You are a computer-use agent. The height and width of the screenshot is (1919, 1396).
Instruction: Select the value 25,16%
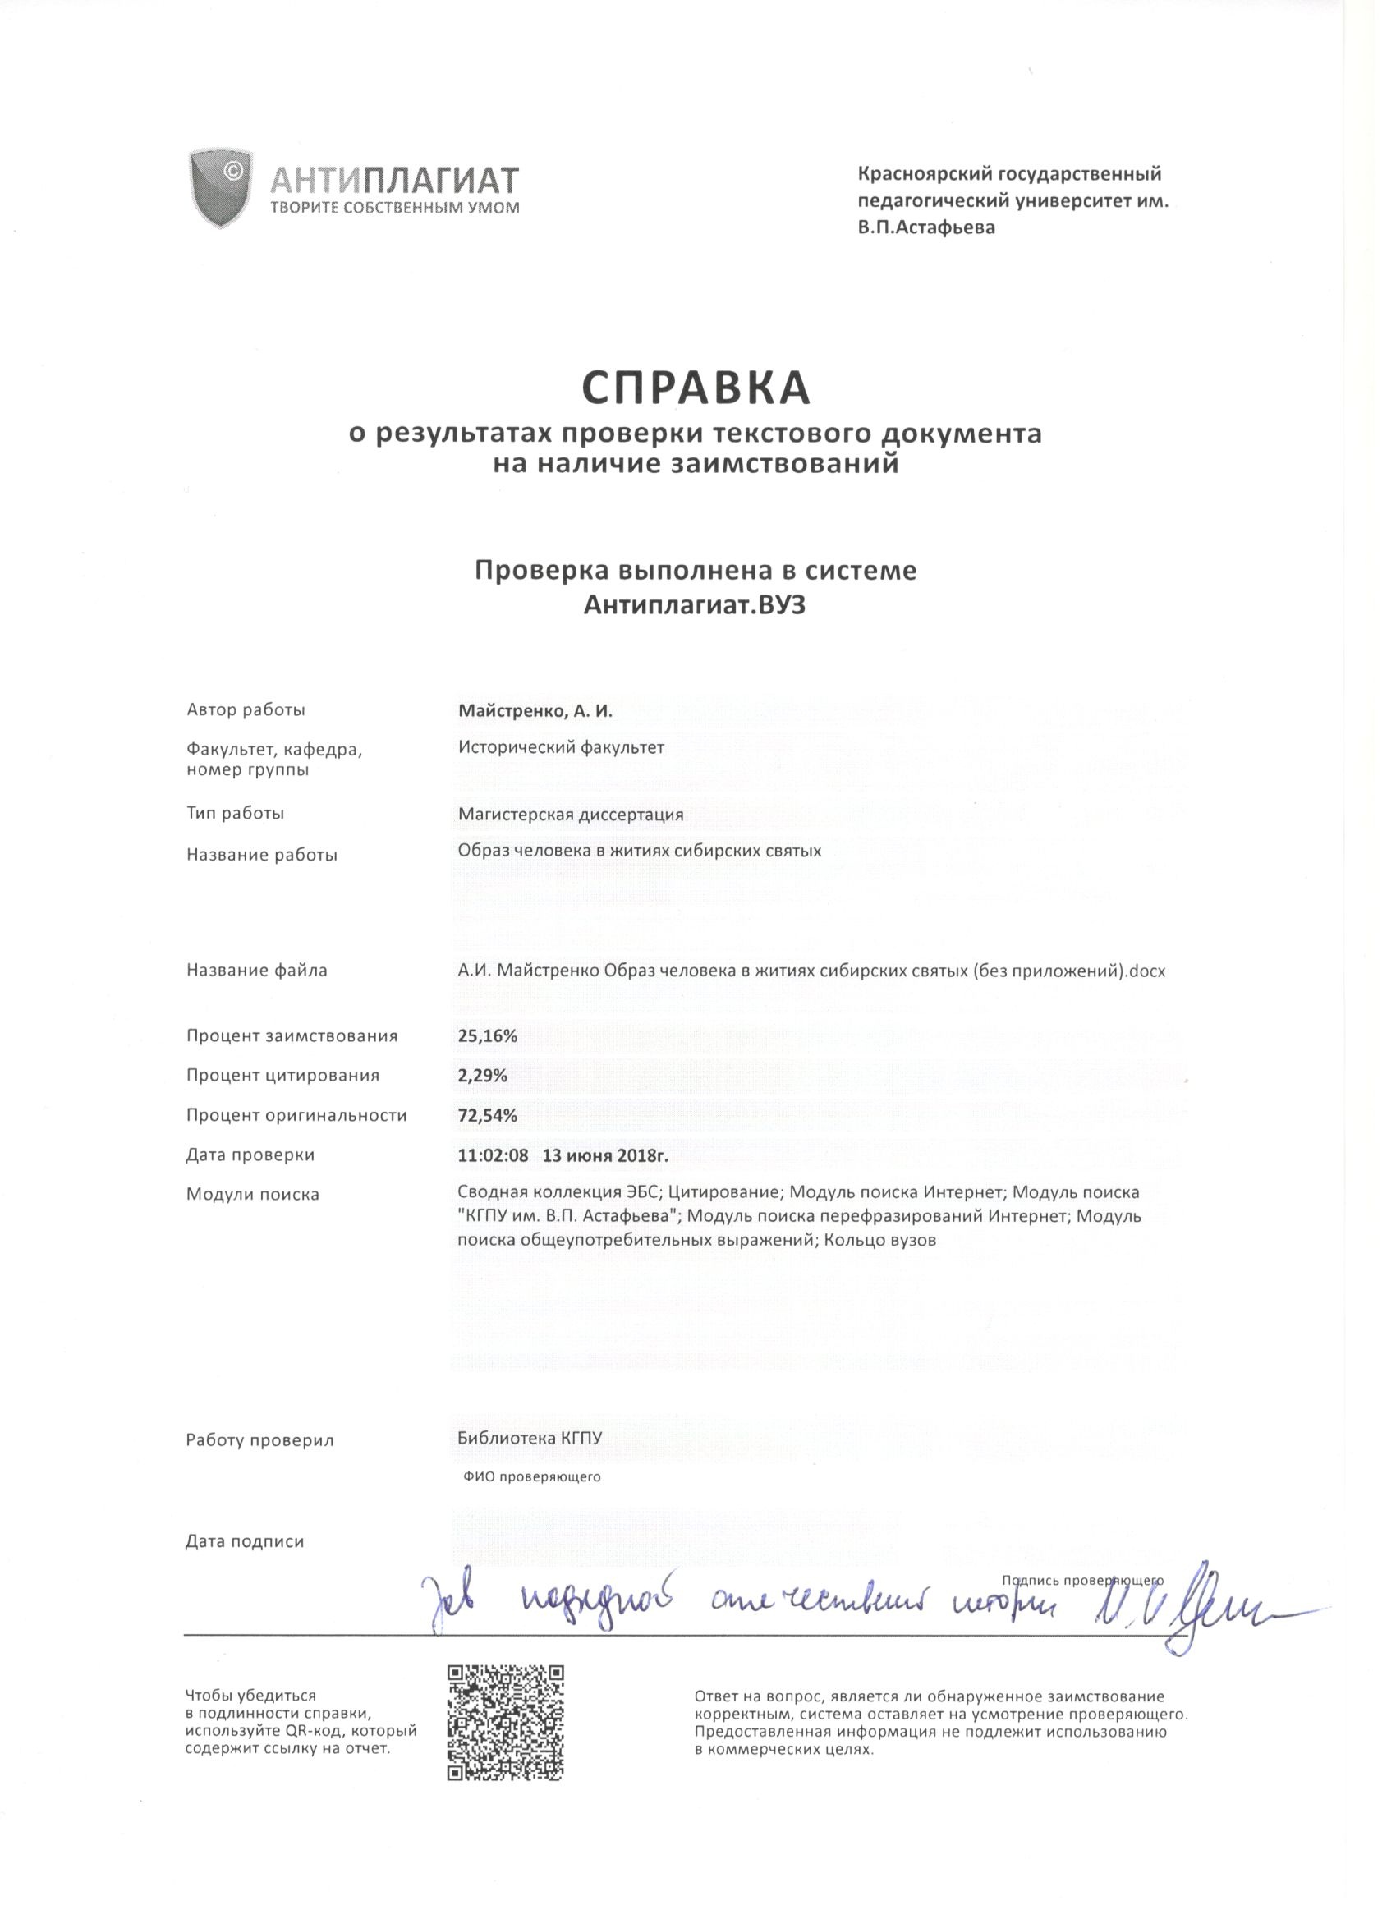(487, 1035)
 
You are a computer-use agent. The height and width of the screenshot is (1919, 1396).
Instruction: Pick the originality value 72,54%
(487, 1115)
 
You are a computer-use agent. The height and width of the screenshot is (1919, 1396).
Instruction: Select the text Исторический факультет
(562, 747)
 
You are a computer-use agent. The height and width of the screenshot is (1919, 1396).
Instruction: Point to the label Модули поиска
(253, 1195)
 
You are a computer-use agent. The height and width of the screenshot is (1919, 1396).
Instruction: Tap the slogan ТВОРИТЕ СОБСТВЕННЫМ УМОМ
(394, 207)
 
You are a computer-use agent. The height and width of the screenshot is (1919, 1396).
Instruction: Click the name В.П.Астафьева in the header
(926, 227)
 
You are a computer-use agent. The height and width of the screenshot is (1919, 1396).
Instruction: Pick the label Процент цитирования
(282, 1076)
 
